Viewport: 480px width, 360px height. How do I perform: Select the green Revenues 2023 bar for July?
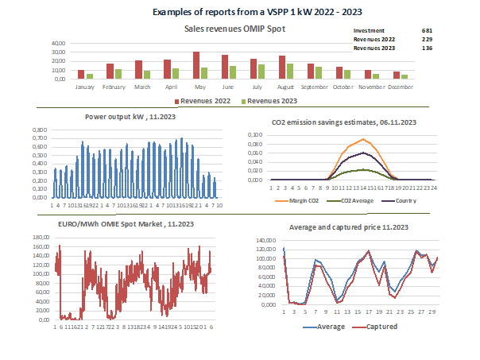coord(261,72)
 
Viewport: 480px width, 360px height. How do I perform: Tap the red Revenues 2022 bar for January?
coord(81,74)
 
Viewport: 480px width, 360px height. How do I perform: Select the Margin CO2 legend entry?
coord(301,199)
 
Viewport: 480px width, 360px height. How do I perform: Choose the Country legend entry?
coord(405,199)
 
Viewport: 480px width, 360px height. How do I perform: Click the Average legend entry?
coord(327,326)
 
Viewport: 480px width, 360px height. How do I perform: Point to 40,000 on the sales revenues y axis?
coord(58,43)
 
